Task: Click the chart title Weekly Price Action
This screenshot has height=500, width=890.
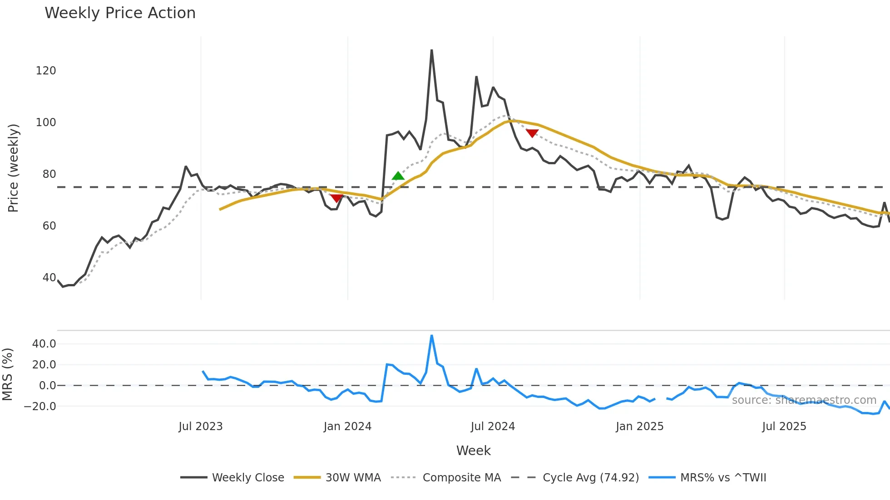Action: point(120,13)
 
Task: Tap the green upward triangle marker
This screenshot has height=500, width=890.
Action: point(398,176)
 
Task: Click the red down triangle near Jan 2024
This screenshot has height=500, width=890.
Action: point(336,198)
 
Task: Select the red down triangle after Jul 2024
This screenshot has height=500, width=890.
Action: point(532,133)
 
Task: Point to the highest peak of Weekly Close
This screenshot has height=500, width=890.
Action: point(431,50)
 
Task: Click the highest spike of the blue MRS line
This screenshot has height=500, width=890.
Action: point(431,336)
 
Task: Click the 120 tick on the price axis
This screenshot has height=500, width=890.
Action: point(46,71)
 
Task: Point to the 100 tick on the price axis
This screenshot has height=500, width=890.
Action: point(46,123)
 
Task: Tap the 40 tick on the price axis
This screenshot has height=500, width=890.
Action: point(49,278)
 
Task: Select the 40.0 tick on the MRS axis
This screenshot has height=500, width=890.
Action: point(44,344)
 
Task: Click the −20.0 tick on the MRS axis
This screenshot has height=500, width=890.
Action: point(40,407)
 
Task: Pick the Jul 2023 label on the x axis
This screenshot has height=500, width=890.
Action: point(201,426)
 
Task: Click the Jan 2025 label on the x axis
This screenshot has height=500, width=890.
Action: point(639,426)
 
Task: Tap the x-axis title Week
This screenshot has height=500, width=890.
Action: point(473,451)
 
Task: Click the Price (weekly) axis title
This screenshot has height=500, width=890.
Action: point(13,168)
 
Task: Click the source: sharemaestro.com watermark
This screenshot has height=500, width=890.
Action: point(804,400)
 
